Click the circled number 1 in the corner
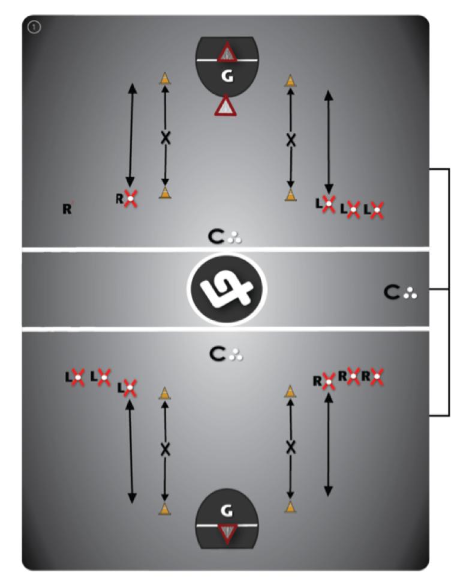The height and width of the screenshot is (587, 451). (34, 28)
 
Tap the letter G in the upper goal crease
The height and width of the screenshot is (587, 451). (226, 77)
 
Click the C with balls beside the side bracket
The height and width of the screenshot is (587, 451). (400, 293)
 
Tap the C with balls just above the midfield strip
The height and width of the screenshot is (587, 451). (225, 238)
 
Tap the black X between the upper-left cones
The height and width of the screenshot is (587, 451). (166, 138)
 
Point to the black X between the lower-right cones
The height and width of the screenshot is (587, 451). (291, 447)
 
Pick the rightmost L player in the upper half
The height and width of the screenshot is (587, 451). (376, 210)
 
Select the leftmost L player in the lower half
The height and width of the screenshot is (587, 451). (77, 377)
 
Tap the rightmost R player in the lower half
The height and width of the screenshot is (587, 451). (376, 377)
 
